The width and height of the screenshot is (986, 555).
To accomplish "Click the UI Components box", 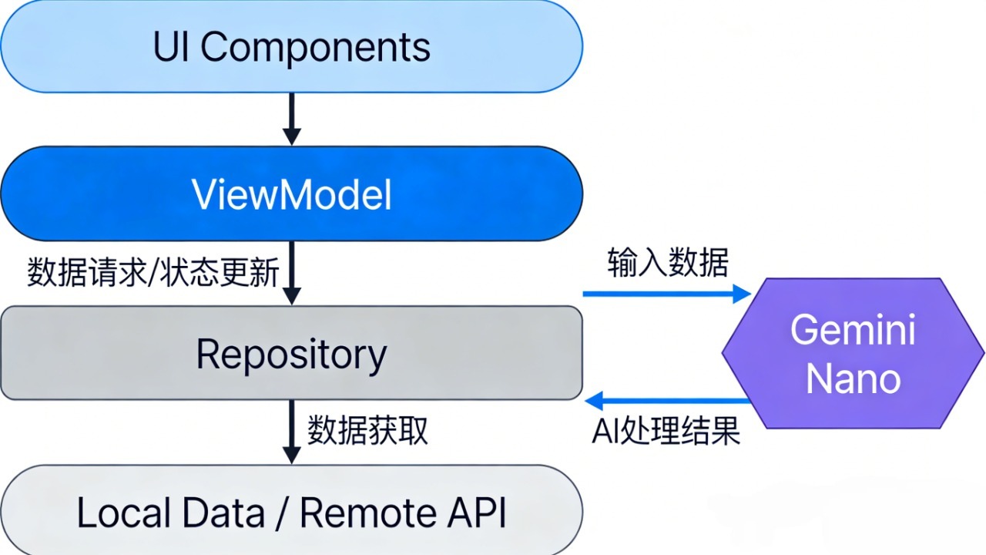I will [x=291, y=46].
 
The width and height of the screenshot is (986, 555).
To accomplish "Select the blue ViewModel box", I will [x=291, y=194].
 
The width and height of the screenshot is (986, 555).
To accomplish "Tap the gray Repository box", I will [x=291, y=354].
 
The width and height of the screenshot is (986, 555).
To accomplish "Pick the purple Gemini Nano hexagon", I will [x=854, y=354].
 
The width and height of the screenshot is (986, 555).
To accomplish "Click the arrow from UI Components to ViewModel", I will [x=291, y=119].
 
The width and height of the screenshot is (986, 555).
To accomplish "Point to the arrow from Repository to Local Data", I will [x=291, y=432].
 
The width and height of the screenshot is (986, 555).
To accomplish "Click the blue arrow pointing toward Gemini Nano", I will [x=666, y=294].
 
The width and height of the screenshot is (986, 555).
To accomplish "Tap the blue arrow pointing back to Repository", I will [x=667, y=400].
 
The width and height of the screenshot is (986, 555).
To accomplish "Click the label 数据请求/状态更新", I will [x=153, y=273].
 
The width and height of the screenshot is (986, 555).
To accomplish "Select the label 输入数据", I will [x=667, y=263].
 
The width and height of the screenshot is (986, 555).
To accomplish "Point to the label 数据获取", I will [x=367, y=431].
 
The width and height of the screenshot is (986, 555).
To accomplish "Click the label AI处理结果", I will [x=666, y=432].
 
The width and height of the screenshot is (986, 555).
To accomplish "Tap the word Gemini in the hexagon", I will [x=854, y=330].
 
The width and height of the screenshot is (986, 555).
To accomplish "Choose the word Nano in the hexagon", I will [x=854, y=379].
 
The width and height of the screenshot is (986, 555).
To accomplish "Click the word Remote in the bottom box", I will [x=366, y=513].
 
